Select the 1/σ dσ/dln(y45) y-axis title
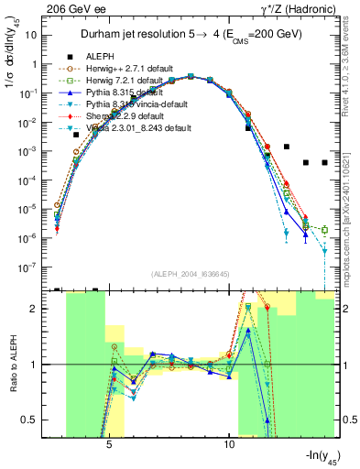click(12, 69)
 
